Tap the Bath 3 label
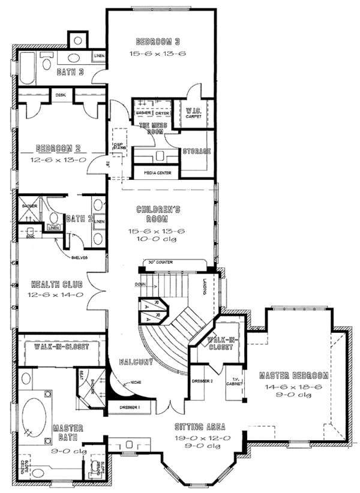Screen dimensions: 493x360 coord(70,73)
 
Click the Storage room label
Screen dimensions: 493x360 coord(196,152)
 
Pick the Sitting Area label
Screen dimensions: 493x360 coord(200,427)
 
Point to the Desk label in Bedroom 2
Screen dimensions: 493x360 coord(61,95)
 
